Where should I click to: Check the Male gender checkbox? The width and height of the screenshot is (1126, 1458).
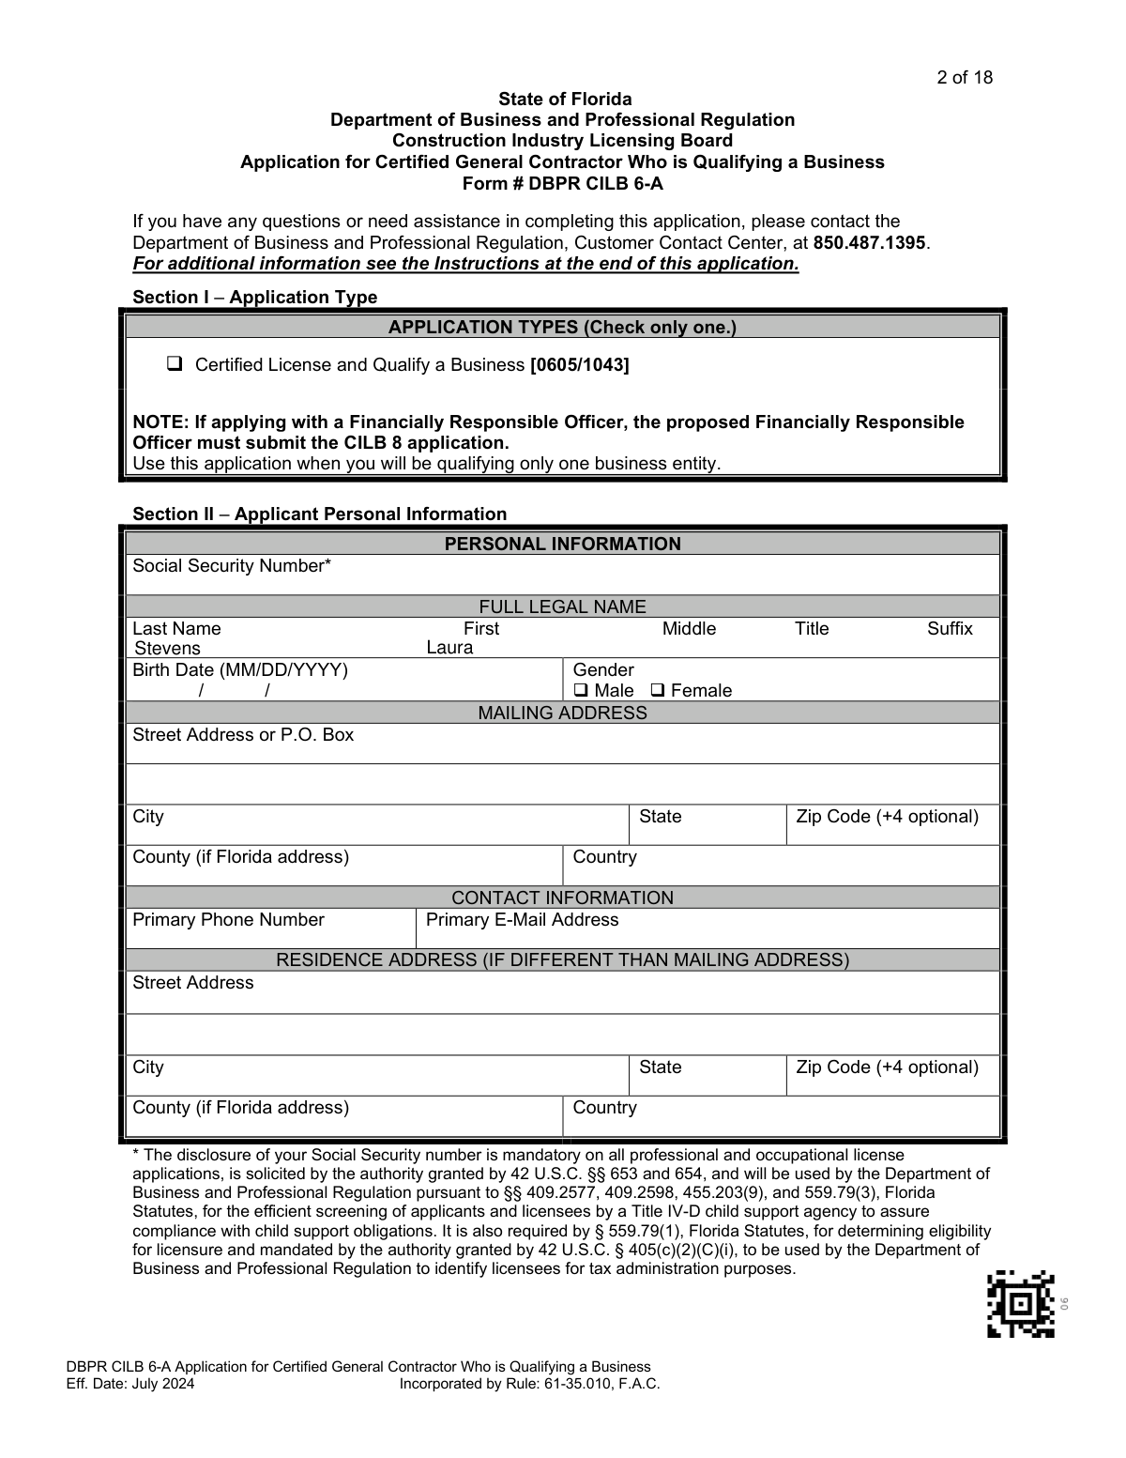pos(581,691)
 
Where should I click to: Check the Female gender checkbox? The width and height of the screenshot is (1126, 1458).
pos(658,691)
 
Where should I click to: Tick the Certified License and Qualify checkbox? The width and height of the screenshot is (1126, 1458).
pos(174,364)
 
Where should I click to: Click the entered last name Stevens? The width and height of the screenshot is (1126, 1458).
pos(167,649)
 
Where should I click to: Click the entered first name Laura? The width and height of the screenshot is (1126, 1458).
pos(449,648)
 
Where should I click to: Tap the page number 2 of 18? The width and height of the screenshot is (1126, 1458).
pos(964,78)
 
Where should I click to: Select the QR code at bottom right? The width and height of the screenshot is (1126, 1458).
pos(1020,1303)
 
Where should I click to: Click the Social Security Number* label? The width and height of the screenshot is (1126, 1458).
pos(232,566)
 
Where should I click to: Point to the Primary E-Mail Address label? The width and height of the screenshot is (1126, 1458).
pos(522,920)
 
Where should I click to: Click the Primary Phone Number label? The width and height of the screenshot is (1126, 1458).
pos(228,920)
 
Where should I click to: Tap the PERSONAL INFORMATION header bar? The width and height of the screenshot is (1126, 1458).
pos(562,544)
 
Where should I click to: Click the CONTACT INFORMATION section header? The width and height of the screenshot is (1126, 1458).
pos(562,898)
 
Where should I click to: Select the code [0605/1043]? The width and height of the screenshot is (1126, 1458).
pos(579,364)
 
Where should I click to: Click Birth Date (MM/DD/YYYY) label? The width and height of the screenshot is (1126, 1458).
pos(240,670)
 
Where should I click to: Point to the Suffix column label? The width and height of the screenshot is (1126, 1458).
pos(950,629)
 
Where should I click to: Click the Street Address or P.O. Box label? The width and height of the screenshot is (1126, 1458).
pos(243,735)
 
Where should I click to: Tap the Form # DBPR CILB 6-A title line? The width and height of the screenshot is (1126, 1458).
pos(562,183)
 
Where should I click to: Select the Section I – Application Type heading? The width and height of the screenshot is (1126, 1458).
pos(254,298)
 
